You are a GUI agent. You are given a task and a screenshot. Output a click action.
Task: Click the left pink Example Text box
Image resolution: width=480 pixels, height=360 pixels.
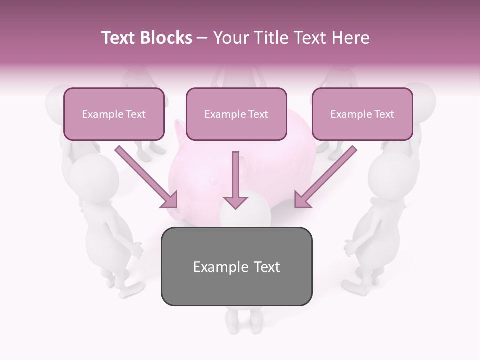114,114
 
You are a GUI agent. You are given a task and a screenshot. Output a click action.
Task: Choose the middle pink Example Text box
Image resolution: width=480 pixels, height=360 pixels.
236,114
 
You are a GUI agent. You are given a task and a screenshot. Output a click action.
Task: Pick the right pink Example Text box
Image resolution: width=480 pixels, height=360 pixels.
362,114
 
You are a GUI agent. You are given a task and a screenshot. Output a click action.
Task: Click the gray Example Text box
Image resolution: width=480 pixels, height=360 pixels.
236,267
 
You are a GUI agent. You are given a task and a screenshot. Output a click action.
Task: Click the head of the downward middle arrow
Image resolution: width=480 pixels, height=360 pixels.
235,201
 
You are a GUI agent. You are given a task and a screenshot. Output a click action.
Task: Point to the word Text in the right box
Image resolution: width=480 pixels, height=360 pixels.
384,114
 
